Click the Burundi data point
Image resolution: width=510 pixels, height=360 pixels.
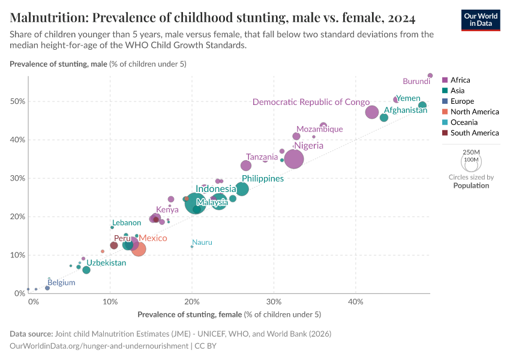click(x=430, y=76)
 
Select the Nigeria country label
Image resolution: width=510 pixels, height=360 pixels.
click(x=308, y=146)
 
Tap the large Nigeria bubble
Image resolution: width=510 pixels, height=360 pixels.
click(x=294, y=159)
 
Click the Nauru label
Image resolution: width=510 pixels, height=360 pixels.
click(x=202, y=242)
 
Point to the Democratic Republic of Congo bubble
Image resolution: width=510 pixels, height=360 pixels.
click(x=372, y=112)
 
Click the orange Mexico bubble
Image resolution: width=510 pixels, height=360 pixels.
click(x=139, y=248)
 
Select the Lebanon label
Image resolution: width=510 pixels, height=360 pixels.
click(x=127, y=223)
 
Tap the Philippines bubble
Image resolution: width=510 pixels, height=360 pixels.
click(x=242, y=189)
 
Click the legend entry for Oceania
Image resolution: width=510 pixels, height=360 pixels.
click(x=464, y=122)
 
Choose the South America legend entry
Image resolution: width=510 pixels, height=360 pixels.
click(x=474, y=133)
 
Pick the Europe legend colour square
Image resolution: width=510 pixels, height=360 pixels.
click(x=445, y=101)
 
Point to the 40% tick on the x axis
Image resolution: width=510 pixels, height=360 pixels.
click(x=356, y=301)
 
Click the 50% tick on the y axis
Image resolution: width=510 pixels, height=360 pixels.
click(x=17, y=101)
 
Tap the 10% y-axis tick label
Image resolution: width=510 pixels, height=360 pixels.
click(x=17, y=255)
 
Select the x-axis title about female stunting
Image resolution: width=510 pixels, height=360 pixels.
click(x=229, y=314)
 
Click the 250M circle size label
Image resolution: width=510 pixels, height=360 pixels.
click(x=472, y=152)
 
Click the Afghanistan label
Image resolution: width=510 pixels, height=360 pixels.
click(x=406, y=110)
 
